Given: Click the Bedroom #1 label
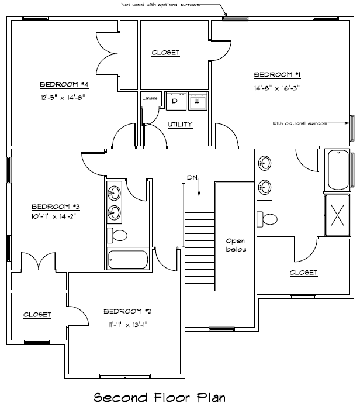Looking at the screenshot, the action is (277, 75).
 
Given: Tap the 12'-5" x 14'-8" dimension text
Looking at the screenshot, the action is (63, 98).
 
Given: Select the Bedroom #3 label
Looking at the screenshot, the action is (56, 207).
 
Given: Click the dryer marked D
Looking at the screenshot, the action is (176, 101).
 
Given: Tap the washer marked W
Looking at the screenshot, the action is (198, 101).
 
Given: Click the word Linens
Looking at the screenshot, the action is (150, 98).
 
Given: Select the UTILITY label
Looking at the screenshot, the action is (180, 125).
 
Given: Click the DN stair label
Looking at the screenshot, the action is (192, 178).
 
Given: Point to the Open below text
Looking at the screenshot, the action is (236, 245).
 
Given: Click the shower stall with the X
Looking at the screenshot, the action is (337, 215).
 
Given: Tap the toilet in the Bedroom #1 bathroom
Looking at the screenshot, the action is (267, 219).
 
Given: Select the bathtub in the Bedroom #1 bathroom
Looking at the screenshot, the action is (338, 170).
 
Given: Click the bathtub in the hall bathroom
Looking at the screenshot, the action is (128, 259).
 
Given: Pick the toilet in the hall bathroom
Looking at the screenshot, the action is (117, 235).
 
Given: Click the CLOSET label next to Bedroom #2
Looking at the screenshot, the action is (37, 315).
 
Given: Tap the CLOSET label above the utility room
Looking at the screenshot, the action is (165, 53).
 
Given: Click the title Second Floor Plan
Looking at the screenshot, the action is (160, 397).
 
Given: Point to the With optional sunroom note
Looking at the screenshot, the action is (299, 124).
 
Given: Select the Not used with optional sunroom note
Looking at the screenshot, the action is (160, 5).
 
